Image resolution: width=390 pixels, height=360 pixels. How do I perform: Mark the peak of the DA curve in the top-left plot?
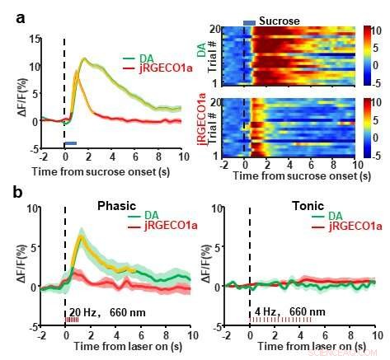click(x=84, y=58)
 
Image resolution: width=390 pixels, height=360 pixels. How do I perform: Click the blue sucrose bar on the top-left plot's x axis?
click(x=71, y=143)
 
